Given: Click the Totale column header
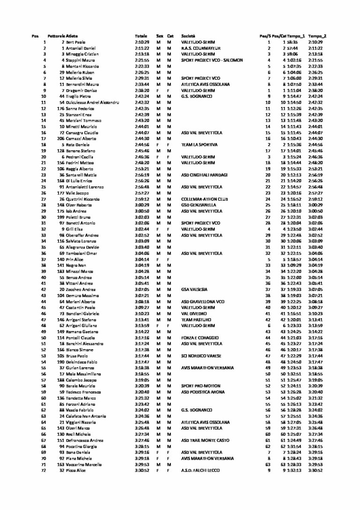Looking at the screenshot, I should click(x=141, y=36).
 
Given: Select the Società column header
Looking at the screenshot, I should click(x=188, y=36).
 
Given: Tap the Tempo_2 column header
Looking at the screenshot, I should click(x=317, y=36).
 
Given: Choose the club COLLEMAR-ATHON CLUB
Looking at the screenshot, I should click(x=204, y=199).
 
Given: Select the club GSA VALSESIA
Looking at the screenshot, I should click(x=195, y=289).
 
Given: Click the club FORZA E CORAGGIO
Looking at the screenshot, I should click(x=200, y=338).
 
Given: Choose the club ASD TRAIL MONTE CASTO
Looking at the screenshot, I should click(x=205, y=441).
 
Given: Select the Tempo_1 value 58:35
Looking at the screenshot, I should click(x=293, y=42).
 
